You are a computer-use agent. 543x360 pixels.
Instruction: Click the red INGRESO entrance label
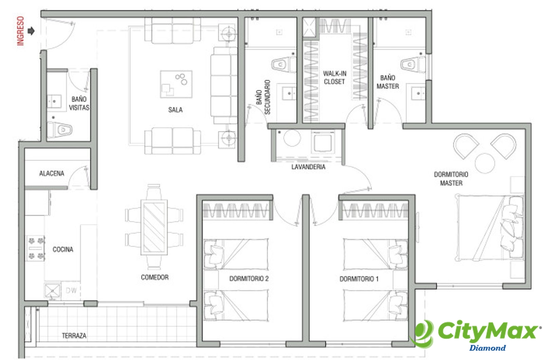(x=21, y=31)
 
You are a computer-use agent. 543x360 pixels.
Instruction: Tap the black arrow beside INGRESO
(x=31, y=31)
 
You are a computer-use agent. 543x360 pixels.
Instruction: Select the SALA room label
(x=175, y=110)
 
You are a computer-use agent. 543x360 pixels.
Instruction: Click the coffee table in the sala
(x=176, y=84)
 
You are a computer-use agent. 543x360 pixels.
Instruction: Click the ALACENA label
(x=52, y=173)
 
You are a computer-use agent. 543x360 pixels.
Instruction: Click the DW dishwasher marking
(x=71, y=290)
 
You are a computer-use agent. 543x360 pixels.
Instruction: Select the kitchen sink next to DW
(x=52, y=290)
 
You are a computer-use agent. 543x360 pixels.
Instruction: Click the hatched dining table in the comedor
(x=154, y=227)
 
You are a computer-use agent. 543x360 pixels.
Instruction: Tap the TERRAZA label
(x=74, y=336)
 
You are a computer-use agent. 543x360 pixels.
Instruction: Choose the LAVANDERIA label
(x=308, y=167)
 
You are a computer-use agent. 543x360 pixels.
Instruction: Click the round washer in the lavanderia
(x=292, y=138)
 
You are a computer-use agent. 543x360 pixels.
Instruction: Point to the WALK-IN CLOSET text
(x=335, y=78)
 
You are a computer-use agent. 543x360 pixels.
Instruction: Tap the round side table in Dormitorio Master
(x=485, y=163)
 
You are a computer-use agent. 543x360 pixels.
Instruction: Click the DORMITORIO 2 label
(x=249, y=279)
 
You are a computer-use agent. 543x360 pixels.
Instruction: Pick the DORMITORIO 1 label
(x=359, y=279)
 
